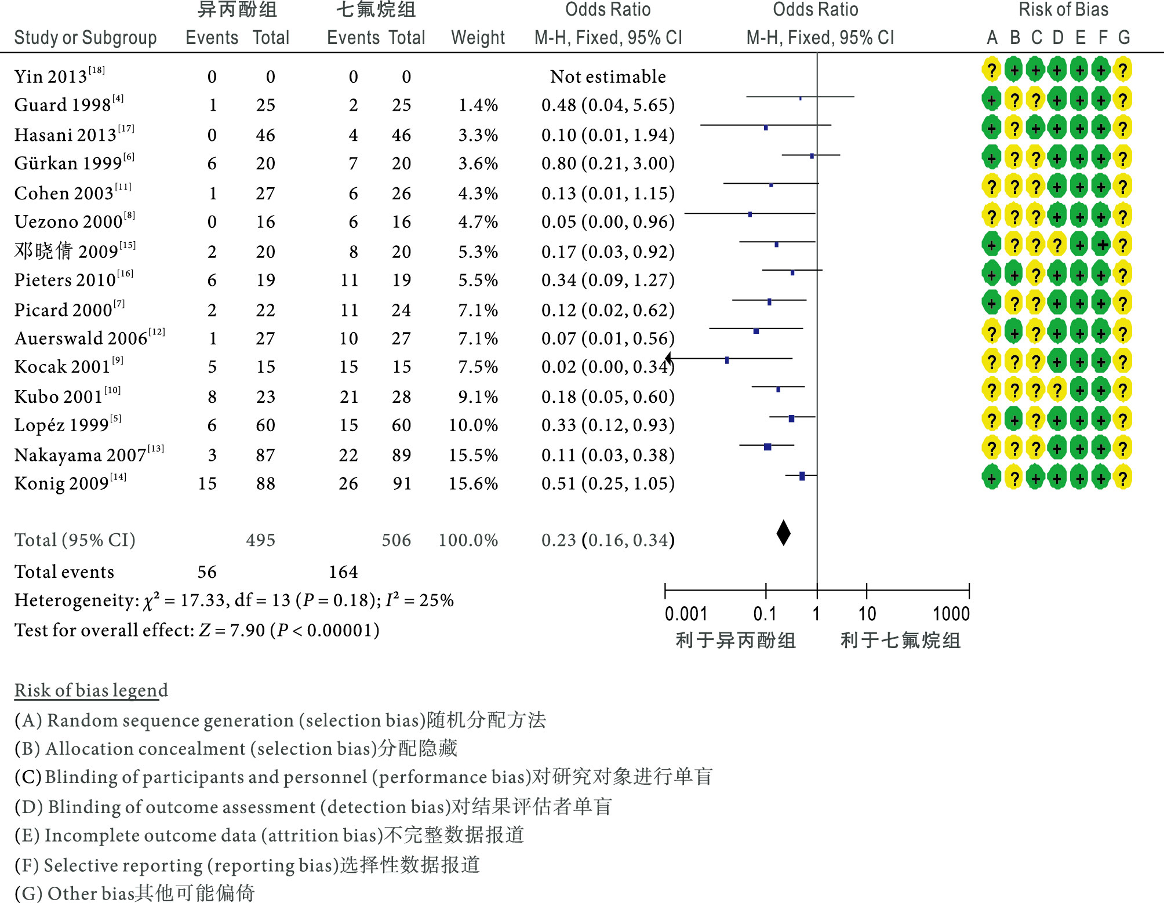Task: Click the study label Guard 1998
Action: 63,105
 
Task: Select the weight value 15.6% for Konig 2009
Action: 473,483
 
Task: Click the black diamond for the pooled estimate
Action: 783,533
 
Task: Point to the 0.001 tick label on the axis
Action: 686,613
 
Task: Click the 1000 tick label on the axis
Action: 951,613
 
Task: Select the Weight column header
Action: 478,38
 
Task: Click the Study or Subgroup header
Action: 85,38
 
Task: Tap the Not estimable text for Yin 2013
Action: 608,77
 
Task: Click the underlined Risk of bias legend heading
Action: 91,690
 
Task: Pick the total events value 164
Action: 343,572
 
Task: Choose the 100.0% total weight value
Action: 468,540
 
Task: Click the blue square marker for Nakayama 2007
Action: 767,447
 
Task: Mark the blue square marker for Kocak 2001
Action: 727,361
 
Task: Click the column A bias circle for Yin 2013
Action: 992,70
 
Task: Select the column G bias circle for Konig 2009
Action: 1123,478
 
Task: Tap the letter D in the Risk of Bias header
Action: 1058,38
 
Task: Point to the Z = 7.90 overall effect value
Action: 232,630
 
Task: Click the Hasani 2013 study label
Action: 66,135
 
